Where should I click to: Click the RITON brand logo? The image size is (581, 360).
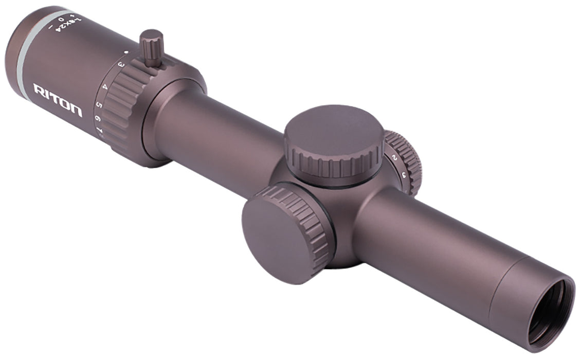pos(58,100)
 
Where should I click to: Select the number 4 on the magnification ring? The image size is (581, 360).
pos(105,86)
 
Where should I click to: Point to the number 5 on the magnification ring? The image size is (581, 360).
pos(99,105)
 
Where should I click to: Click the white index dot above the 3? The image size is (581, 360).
pos(125,52)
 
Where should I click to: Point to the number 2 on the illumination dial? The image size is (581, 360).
pos(393,157)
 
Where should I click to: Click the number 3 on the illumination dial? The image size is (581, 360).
pos(404,175)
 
